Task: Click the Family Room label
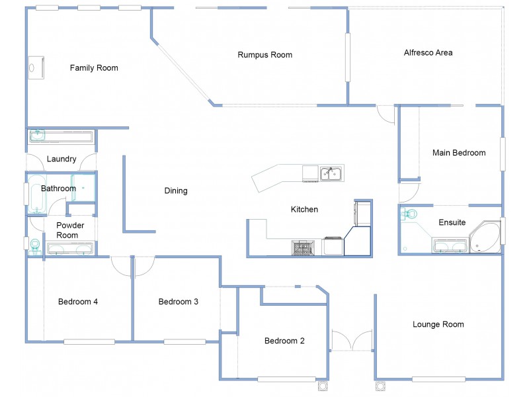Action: coord(94,67)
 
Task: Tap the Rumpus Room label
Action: coord(265,55)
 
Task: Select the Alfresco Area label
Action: coord(428,53)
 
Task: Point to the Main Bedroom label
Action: coord(459,153)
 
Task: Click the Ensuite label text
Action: coord(452,223)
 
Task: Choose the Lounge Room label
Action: coord(438,324)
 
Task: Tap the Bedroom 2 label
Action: coord(284,341)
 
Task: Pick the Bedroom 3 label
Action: coord(179,302)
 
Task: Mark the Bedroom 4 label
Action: coord(78,302)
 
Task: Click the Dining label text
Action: coord(176,191)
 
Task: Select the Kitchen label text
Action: coord(305,210)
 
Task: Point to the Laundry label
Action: coord(61,159)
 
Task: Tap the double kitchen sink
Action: coord(331,174)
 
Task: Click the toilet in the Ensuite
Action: coord(409,214)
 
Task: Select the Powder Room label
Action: coord(70,230)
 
